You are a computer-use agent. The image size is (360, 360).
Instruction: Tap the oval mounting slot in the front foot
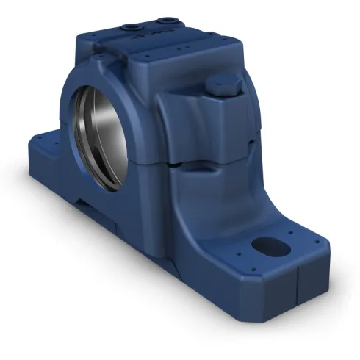tap(267, 245)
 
